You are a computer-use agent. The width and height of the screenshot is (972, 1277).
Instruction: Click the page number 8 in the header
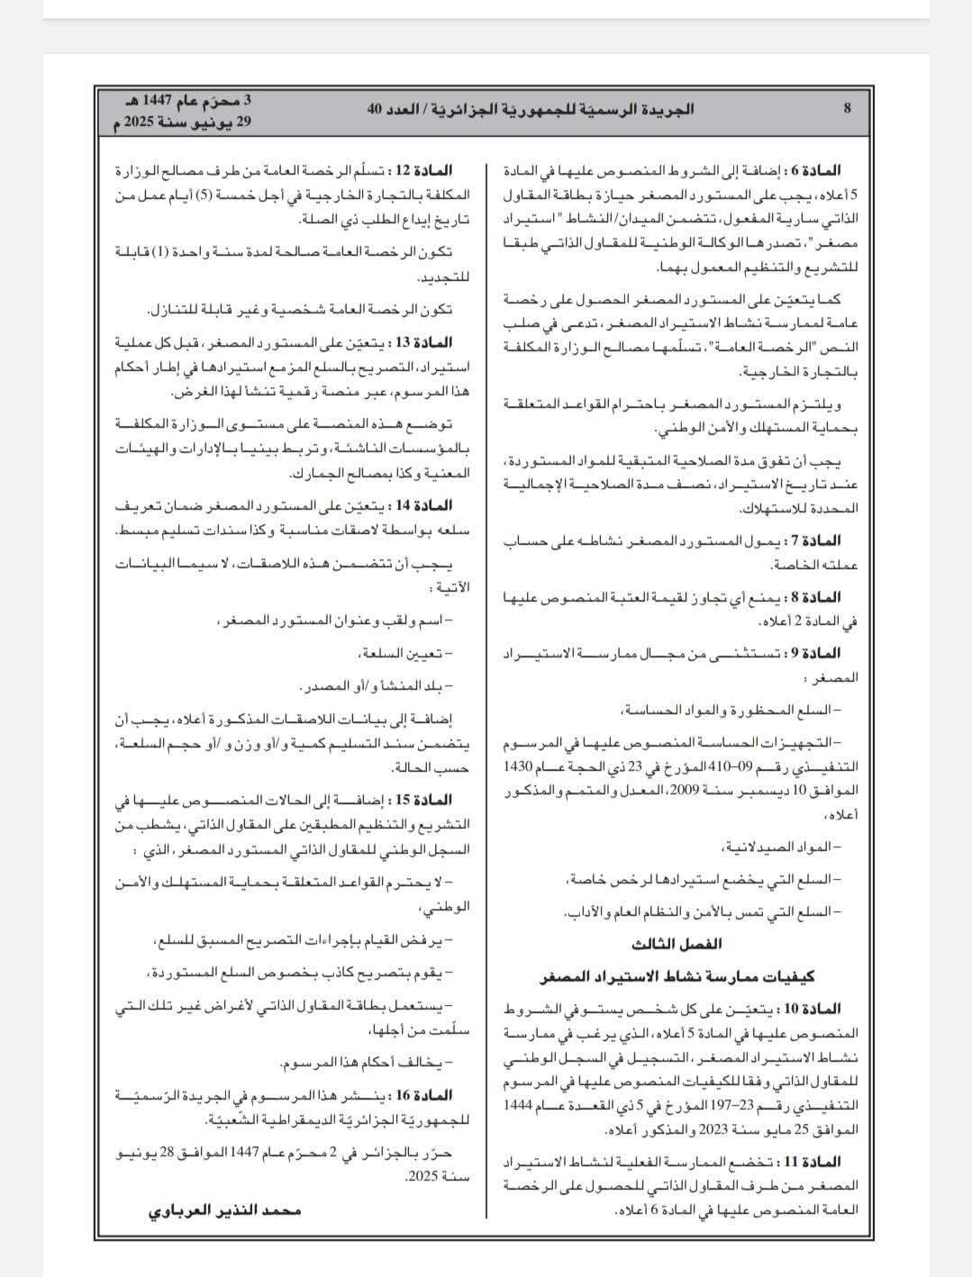847,109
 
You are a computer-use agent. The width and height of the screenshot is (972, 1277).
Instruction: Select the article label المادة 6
816,169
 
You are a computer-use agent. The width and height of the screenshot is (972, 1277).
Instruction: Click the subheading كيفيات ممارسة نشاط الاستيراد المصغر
676,976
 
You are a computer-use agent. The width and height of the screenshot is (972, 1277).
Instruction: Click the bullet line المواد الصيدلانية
780,847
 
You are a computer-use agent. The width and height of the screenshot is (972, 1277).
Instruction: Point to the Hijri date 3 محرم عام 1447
191,99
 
